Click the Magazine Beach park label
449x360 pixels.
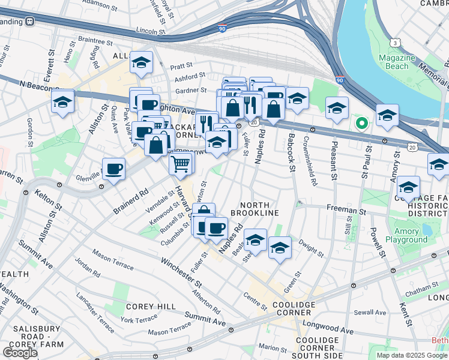click(x=397, y=62)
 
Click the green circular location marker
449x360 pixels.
click(x=361, y=124)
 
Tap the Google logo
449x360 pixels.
click(x=20, y=352)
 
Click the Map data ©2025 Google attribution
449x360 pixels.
click(x=411, y=355)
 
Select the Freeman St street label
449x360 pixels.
click(x=346, y=211)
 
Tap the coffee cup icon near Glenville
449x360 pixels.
click(x=113, y=169)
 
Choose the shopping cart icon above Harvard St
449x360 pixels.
click(x=181, y=162)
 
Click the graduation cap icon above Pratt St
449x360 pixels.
click(x=141, y=63)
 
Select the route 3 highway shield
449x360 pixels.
click(x=395, y=43)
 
